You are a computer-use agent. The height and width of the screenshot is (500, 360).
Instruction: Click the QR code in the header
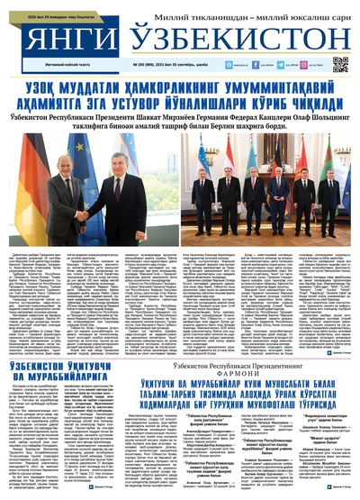(339, 64)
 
